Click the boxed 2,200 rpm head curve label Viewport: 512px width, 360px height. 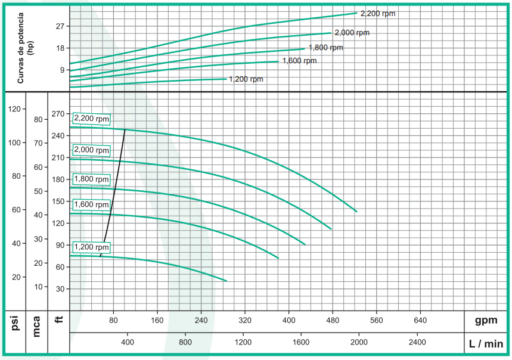tap(91, 119)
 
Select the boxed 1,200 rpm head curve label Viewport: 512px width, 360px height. tap(91, 247)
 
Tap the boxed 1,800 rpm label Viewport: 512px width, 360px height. tap(91, 179)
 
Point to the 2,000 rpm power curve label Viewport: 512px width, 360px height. tap(351, 33)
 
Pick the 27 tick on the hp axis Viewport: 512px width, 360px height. tap(60, 26)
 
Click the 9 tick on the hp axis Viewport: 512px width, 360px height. tap(61, 70)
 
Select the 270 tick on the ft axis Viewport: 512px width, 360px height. tap(58, 114)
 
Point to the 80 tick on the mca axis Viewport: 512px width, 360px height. tap(39, 119)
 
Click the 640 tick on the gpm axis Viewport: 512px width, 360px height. tap(420, 320)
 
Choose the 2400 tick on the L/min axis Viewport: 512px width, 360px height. tap(417, 342)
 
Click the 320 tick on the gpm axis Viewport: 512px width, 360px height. tap(244, 320)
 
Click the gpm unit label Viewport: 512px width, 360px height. tap(486, 321)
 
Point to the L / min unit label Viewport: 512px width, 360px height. tap(485, 343)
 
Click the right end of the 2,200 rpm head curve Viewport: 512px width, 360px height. tap(356, 212)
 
